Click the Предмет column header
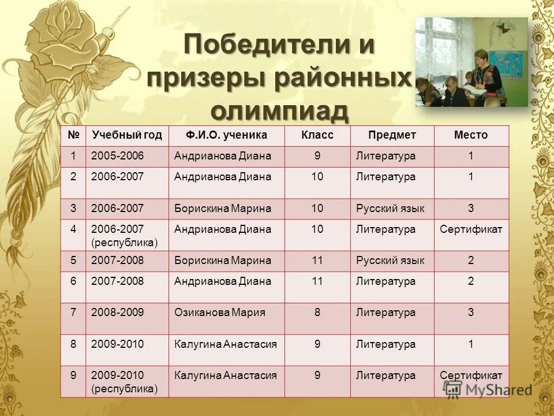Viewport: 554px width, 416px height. click(x=392, y=135)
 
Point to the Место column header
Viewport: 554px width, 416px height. click(x=470, y=135)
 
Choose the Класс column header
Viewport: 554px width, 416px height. click(x=317, y=135)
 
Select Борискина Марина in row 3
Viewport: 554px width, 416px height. click(x=222, y=208)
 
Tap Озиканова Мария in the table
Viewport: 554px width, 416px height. click(x=219, y=313)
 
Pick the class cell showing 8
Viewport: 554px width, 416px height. click(x=317, y=313)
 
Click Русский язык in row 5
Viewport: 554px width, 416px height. click(x=390, y=261)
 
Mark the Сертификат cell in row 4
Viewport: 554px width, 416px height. click(x=471, y=229)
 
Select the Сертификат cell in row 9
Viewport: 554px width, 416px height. click(x=471, y=375)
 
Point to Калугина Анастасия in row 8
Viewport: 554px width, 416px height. click(x=225, y=344)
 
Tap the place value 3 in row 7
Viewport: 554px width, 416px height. click(x=471, y=313)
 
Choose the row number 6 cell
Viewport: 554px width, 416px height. click(x=73, y=281)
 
